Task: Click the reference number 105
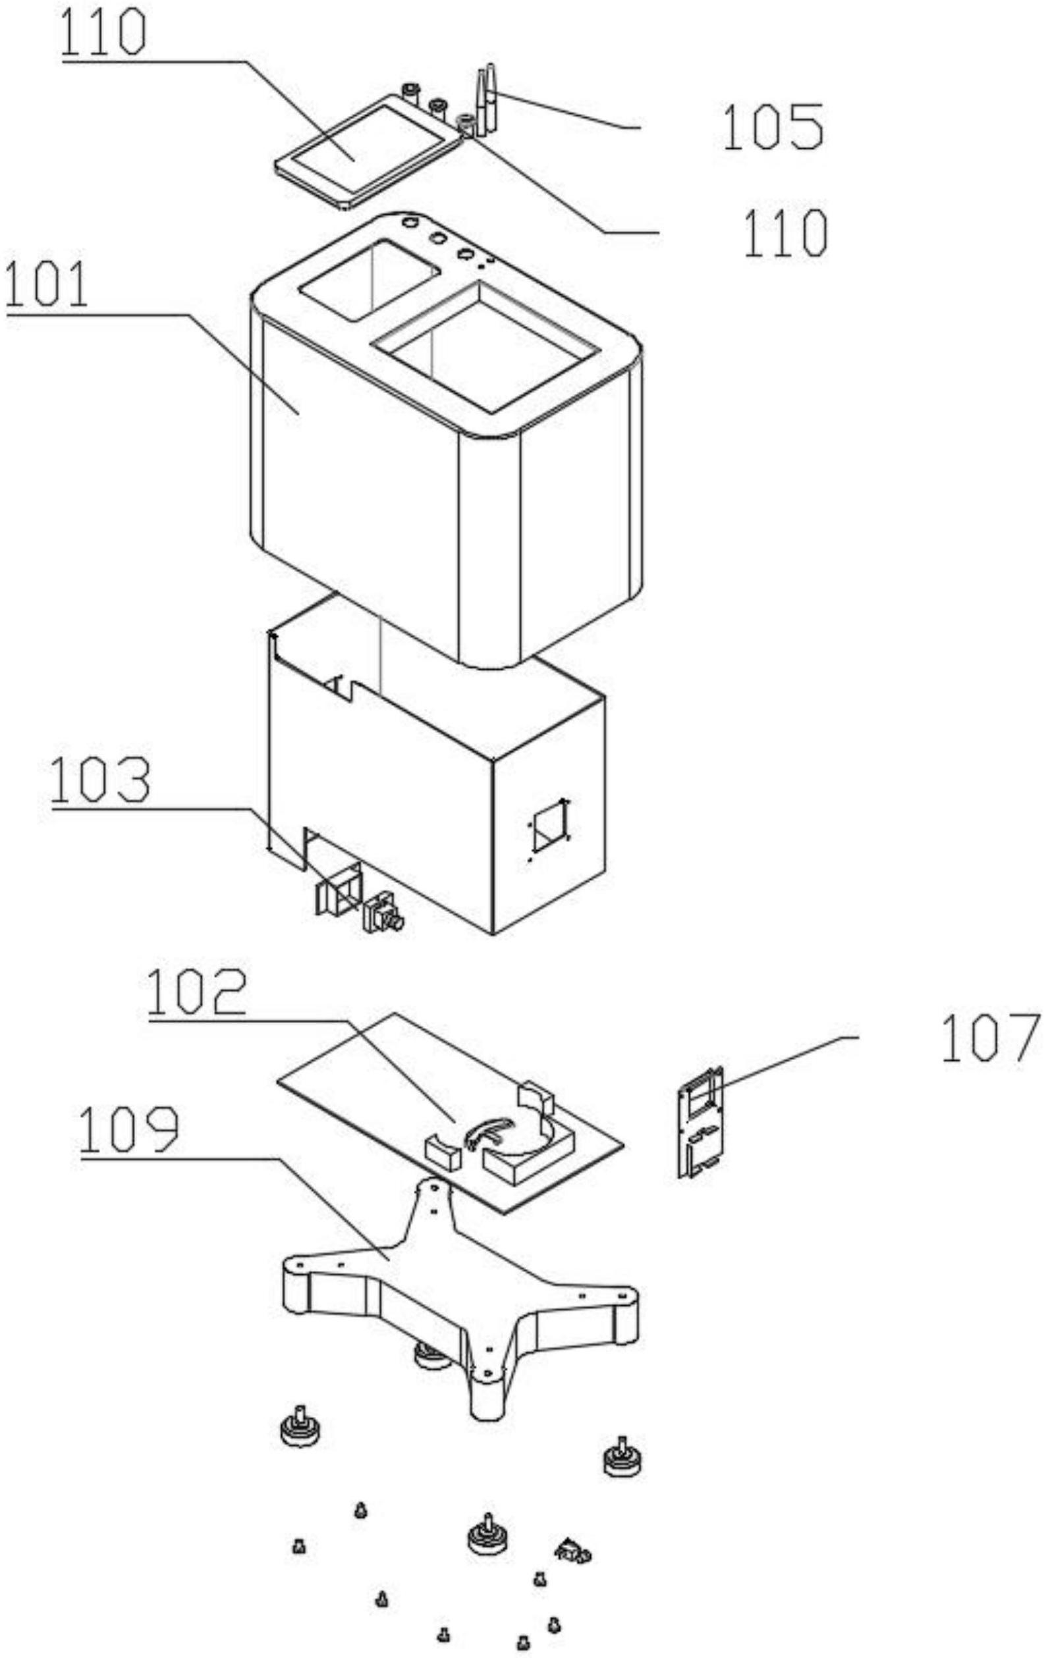pos(773,127)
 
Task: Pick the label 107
pos(989,1038)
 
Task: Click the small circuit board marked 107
pos(702,1121)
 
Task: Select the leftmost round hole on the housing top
pos(410,223)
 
